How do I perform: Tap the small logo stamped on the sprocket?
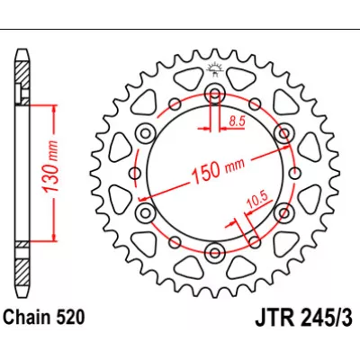tap(215, 70)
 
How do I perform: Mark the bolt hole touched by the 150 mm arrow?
tap(284, 134)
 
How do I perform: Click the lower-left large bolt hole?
tap(146, 211)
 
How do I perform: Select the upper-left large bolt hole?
tap(146, 134)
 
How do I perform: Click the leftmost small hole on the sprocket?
tap(135, 173)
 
